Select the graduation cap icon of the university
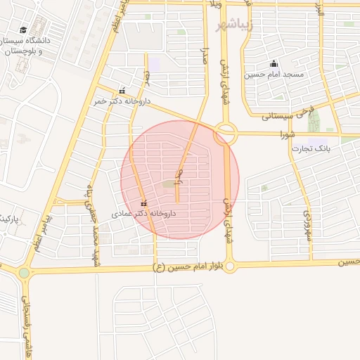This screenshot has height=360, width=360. click(x=23, y=30)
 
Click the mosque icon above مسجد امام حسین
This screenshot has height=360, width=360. click(x=274, y=64)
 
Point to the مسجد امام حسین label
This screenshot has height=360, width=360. click(x=274, y=75)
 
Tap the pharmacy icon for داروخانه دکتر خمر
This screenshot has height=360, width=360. click(x=123, y=90)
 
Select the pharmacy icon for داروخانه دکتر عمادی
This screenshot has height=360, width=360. click(x=144, y=203)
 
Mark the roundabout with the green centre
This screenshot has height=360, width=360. click(x=24, y=272)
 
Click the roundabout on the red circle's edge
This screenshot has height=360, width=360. click(x=226, y=132)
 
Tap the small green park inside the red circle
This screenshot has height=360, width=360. click(x=169, y=184)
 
